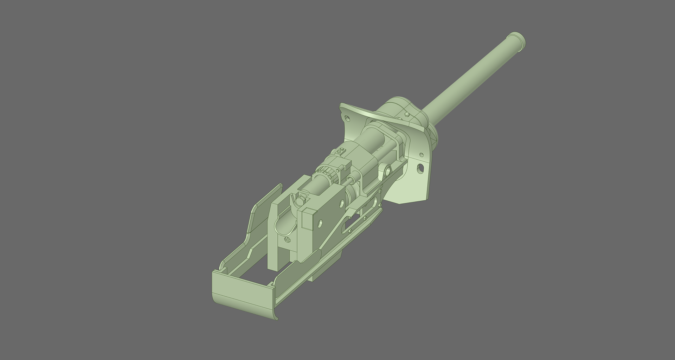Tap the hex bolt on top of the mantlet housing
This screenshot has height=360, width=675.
[x=407, y=114]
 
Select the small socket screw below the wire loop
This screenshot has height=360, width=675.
[x=287, y=240]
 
